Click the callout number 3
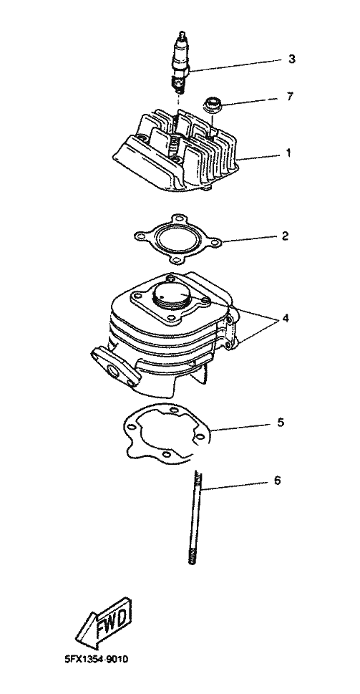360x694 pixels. [x=291, y=59]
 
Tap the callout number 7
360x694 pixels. [x=290, y=97]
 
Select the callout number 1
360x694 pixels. [x=288, y=153]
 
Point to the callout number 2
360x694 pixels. [x=286, y=236]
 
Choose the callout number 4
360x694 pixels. [x=286, y=318]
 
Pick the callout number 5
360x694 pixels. [x=281, y=423]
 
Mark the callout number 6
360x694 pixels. [x=277, y=481]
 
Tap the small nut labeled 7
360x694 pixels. [x=210, y=105]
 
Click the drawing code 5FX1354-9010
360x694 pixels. [x=96, y=660]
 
